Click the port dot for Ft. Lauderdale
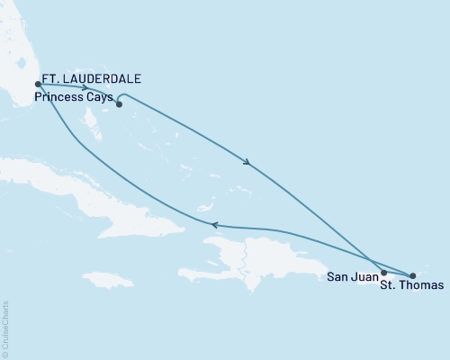tap(37, 85)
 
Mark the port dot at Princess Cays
tap(119, 103)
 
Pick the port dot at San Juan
tap(383, 272)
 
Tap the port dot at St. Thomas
tap(412, 275)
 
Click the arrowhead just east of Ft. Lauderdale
tap(84, 88)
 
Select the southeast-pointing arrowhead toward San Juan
tap(246, 163)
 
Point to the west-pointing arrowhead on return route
tap(212, 225)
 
